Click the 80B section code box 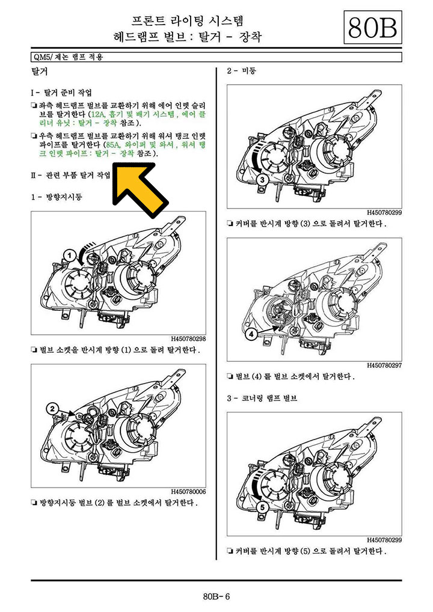coord(372,27)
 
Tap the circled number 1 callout coord(70,256)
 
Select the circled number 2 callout coord(53,409)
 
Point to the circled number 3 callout coord(262,180)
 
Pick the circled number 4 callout coord(251,334)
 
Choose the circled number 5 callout coord(262,507)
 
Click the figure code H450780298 coord(188,339)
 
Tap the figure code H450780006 coord(188,492)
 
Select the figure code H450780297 coord(384,366)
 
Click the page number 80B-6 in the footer coord(216,596)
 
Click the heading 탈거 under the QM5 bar coord(39,72)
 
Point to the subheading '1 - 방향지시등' coord(57,197)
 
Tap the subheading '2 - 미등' coord(241,71)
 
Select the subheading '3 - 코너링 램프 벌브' coord(262,398)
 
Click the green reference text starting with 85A coord(123,149)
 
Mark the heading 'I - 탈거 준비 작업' coord(61,93)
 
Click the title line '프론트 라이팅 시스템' coord(188,20)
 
